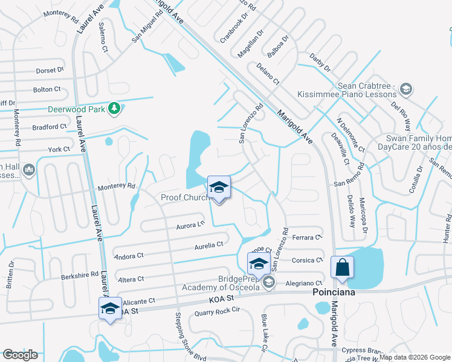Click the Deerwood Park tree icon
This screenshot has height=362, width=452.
114,109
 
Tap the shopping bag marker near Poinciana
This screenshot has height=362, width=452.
342,267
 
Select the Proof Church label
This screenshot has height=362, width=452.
184,197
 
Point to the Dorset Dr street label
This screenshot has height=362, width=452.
50,70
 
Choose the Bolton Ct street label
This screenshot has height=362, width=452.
47,89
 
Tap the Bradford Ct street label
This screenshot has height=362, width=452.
49,127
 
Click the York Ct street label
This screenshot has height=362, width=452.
59,149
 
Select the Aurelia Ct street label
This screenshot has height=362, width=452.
209,245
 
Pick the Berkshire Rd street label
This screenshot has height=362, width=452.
79,275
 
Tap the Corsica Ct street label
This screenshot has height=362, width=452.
307,261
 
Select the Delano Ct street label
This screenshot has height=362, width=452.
268,73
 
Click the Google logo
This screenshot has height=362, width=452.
20,355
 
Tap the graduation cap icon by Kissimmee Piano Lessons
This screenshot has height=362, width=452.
405,90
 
